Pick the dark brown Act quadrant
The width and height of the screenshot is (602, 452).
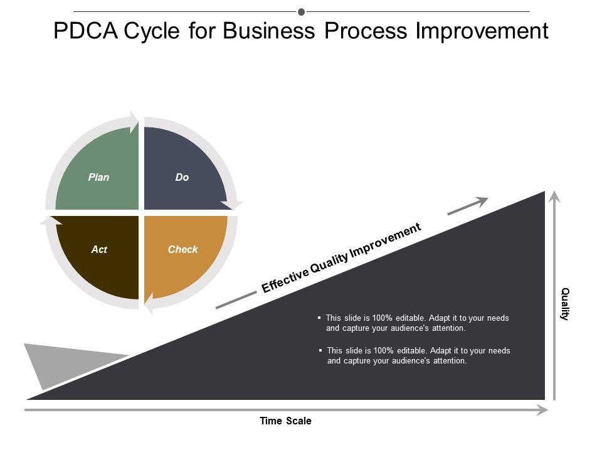tap(99, 254)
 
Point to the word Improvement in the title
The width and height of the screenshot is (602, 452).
tap(482, 31)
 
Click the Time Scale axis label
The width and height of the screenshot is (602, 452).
tap(285, 421)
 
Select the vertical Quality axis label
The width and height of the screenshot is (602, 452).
tap(564, 304)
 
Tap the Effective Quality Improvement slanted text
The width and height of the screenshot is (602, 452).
tap(341, 259)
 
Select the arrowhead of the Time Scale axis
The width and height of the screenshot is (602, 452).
tap(542, 410)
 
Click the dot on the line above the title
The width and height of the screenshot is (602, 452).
tap(302, 11)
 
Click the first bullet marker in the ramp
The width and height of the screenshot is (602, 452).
tap(320, 318)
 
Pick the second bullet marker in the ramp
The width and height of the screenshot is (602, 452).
tap(321, 350)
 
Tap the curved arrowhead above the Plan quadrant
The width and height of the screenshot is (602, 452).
tap(133, 122)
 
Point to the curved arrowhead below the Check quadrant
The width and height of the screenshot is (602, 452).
tap(149, 305)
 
